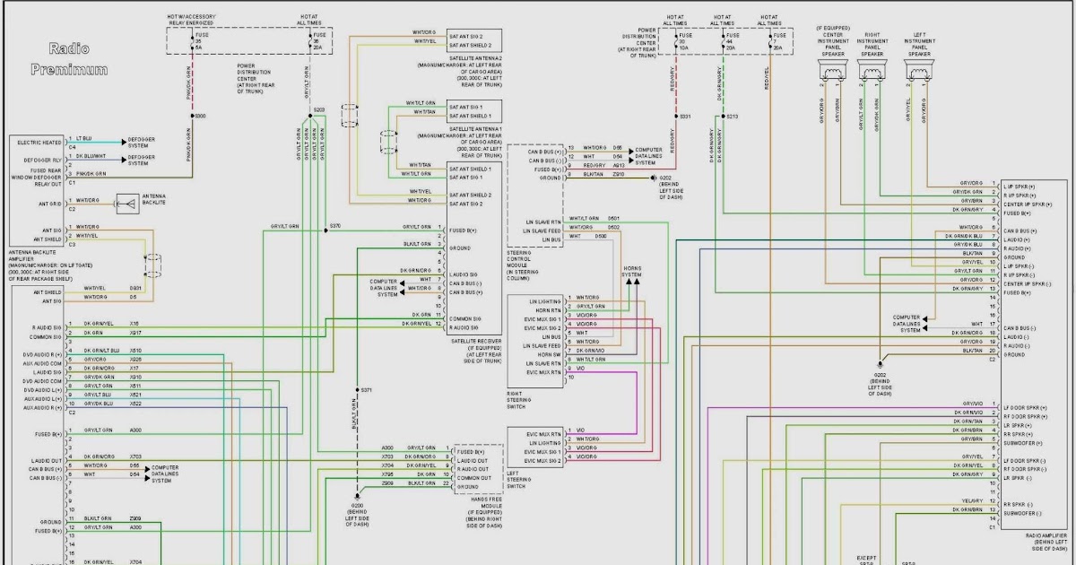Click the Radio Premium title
pyautogui.click(x=70, y=58)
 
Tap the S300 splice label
pyautogui.click(x=200, y=116)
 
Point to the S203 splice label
pyautogui.click(x=318, y=109)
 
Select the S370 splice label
pyautogui.click(x=334, y=225)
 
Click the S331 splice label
pyautogui.click(x=685, y=117)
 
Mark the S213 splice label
pyautogui.click(x=732, y=117)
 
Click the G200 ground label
pyautogui.click(x=358, y=505)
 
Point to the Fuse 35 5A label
pyautogui.click(x=198, y=43)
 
